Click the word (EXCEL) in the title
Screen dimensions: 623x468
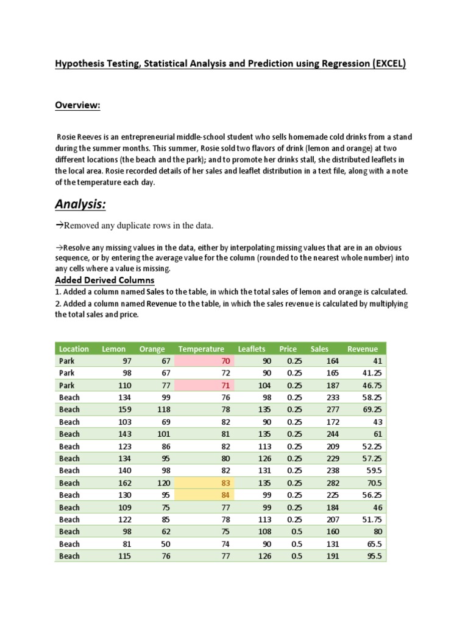pyautogui.click(x=386, y=63)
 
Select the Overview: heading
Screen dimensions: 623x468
pyautogui.click(x=77, y=105)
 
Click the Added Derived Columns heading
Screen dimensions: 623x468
pyautogui.click(x=105, y=280)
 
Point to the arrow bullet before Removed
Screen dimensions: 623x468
pyautogui.click(x=59, y=226)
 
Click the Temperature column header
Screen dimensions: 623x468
pyautogui.click(x=201, y=349)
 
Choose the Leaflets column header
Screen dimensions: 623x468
pyautogui.click(x=252, y=349)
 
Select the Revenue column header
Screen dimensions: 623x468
pyautogui.click(x=363, y=349)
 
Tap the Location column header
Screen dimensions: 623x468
pyautogui.click(x=74, y=349)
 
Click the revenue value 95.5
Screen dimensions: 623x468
pyautogui.click(x=374, y=555)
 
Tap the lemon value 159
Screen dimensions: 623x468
pyautogui.click(x=118, y=409)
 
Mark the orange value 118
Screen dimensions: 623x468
pyautogui.click(x=157, y=409)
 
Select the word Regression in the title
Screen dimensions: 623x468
pyautogui.click(x=323, y=63)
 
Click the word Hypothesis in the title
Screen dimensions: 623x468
pyautogui.click(x=82, y=63)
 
